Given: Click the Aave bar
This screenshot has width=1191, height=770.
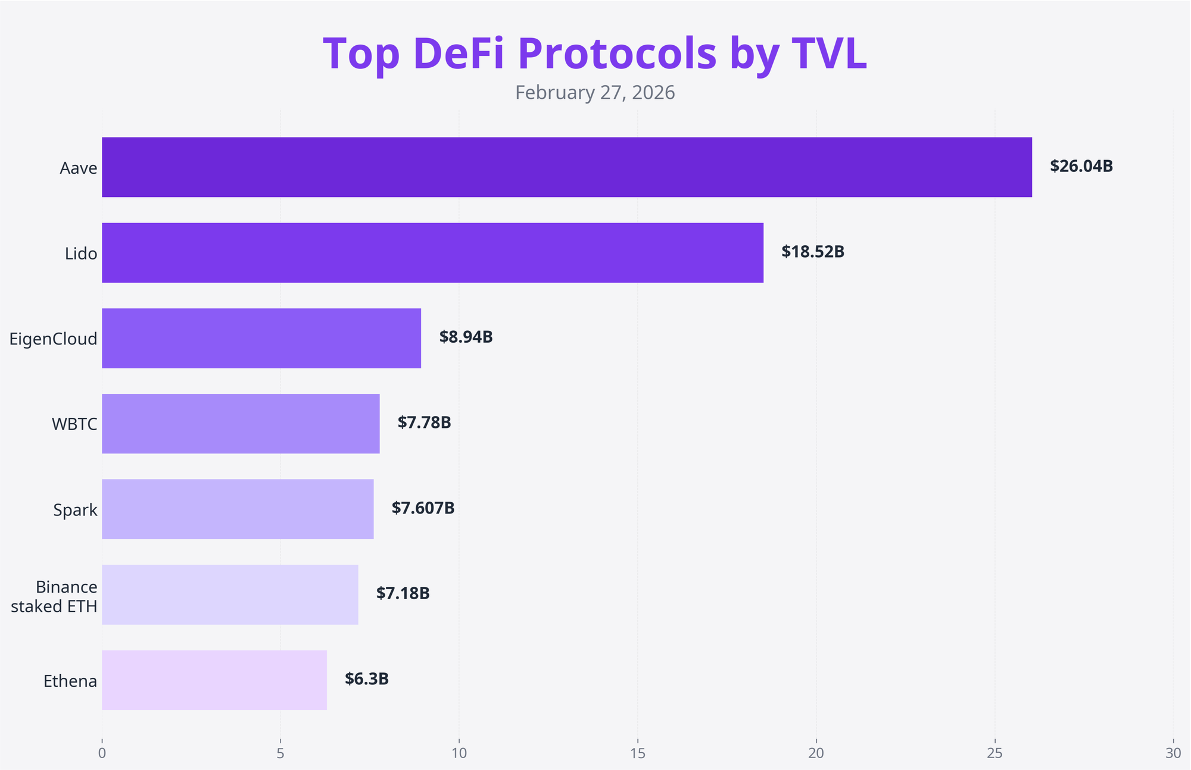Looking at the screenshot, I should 566,167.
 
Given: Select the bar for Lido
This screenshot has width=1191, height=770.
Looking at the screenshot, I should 432,253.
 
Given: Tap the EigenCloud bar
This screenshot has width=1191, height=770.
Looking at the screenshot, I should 261,338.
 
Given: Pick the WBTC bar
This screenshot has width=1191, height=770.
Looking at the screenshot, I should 241,424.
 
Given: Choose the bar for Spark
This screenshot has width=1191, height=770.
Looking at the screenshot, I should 238,509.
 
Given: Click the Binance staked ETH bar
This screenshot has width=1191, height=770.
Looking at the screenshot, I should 230,594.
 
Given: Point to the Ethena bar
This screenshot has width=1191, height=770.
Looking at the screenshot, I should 214,680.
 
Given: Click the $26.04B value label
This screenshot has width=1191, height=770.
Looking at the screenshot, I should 1081,166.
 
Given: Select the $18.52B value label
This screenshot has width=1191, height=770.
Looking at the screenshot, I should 812,252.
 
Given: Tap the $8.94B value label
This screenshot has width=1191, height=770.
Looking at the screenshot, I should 466,337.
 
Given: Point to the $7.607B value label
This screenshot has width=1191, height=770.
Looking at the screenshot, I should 423,508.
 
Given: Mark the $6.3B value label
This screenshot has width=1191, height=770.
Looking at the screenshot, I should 366,679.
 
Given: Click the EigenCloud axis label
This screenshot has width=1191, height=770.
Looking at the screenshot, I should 53,339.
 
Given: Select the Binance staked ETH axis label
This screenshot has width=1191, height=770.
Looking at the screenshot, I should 54,596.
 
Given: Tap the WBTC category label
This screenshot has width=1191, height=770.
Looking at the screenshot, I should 74,424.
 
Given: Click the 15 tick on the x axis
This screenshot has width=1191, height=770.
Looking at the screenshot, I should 637,753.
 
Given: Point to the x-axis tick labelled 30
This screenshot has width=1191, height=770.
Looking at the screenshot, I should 1173,753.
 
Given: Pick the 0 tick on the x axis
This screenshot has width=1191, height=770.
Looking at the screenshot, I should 102,753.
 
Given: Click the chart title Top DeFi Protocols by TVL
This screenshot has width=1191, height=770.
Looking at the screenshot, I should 594,54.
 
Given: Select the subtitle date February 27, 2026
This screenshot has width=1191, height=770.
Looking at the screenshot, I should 594,93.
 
